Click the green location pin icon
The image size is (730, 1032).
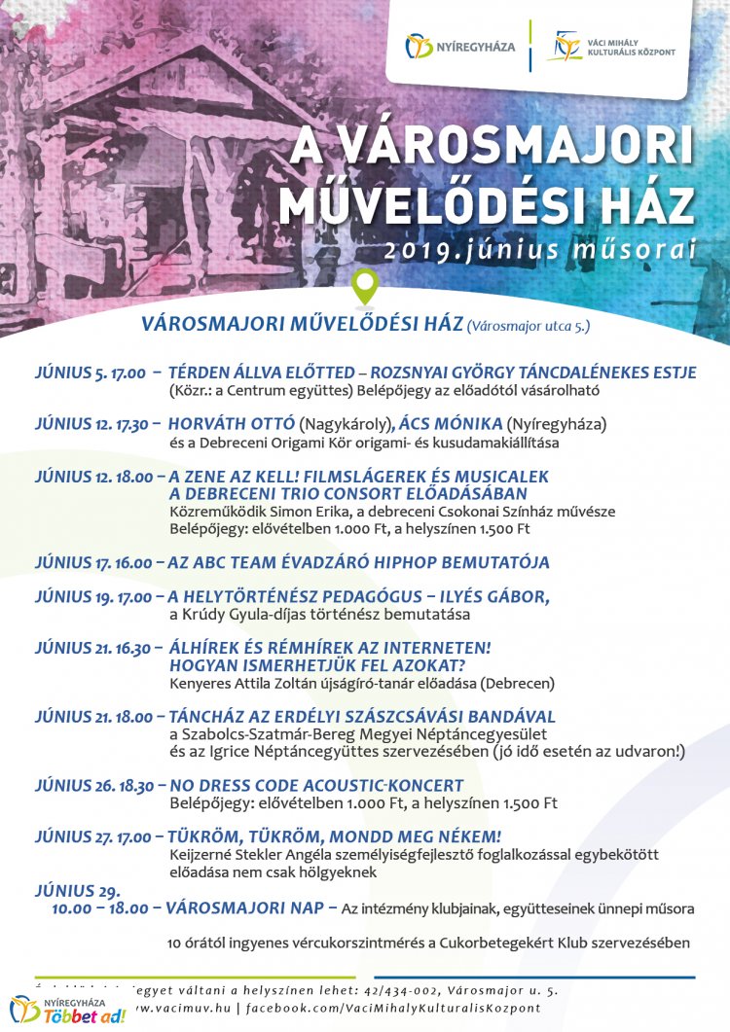[365, 286]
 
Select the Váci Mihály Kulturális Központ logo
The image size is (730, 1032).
[611, 46]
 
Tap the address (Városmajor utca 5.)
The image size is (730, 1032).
[529, 326]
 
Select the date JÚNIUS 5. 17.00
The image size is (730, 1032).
[90, 374]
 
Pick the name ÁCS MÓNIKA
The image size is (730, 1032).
[451, 424]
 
